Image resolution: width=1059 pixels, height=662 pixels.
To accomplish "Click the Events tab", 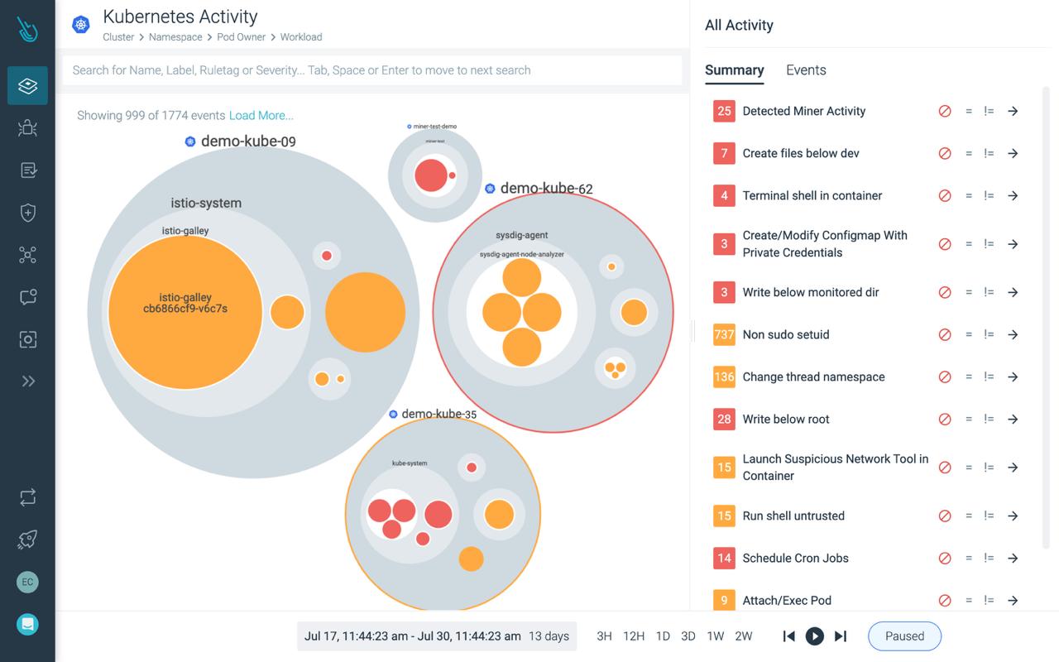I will (806, 70).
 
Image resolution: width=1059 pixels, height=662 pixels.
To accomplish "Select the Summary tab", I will (734, 70).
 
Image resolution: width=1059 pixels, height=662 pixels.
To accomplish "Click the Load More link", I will (261, 116).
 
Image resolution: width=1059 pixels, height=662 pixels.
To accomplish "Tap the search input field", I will (372, 70).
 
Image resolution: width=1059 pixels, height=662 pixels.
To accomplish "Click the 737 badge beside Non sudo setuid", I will (724, 334).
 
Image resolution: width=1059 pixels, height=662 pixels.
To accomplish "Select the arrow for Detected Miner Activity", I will (1013, 111).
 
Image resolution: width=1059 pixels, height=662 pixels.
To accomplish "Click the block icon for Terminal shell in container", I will (945, 196).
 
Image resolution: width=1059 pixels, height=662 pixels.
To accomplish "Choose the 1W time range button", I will (716, 636).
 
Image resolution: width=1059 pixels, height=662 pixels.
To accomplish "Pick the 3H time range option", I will (605, 636).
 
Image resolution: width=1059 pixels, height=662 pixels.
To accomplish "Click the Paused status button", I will (904, 636).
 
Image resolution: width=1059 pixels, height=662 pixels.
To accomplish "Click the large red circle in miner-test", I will (430, 176).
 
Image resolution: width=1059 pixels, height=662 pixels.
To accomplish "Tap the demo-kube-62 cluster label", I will (546, 189).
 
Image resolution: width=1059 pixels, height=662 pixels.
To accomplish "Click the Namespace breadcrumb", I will (175, 37).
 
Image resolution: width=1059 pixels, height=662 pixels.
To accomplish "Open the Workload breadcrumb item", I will (301, 37).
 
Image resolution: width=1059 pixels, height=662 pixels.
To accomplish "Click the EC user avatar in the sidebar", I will (27, 582).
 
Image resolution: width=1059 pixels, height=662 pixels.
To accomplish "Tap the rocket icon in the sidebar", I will (27, 540).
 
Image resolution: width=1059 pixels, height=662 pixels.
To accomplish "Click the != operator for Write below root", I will (989, 420).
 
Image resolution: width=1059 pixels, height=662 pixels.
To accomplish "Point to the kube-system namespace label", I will (410, 463).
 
